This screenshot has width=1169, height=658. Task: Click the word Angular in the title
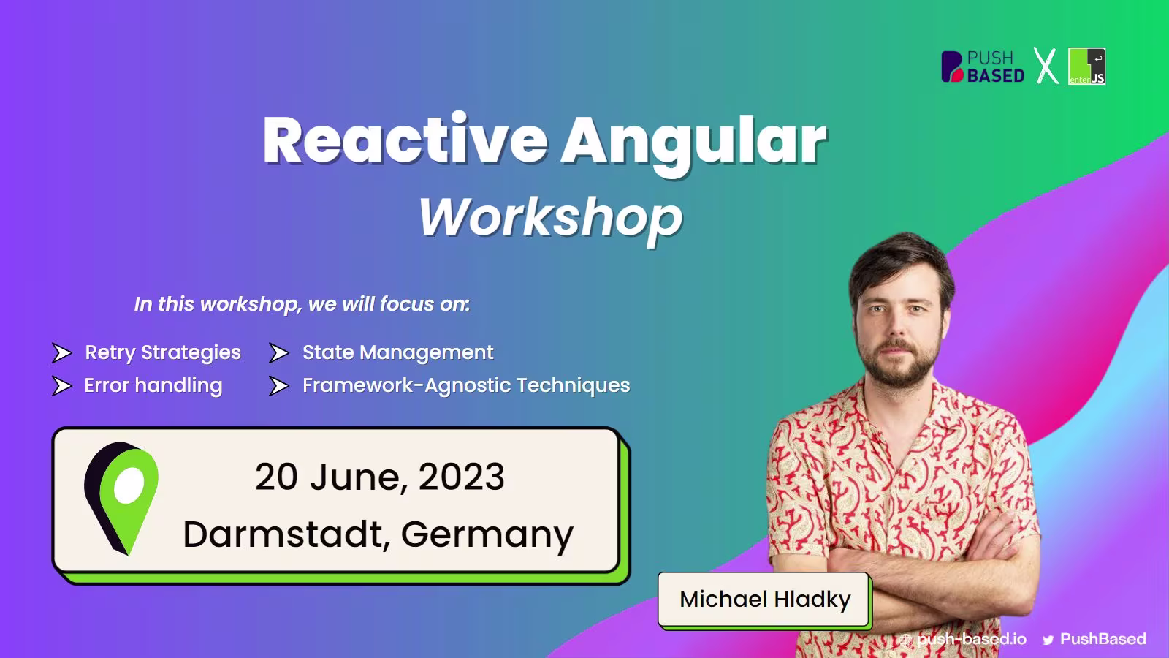click(694, 146)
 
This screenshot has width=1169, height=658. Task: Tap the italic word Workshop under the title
click(551, 219)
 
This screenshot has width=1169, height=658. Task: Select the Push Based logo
click(983, 67)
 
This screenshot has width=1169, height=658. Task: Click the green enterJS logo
click(1086, 67)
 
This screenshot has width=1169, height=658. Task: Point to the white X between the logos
click(1046, 66)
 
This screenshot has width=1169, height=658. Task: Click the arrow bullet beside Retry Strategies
click(61, 353)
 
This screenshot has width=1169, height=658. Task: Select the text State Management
click(398, 352)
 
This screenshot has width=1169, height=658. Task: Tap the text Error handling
click(153, 385)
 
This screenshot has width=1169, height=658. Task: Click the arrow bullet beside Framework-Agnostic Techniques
click(278, 386)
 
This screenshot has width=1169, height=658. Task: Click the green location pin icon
click(121, 499)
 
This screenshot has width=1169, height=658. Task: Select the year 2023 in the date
click(461, 477)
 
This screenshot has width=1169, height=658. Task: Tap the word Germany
click(487, 536)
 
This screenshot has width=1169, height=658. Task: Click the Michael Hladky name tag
click(764, 600)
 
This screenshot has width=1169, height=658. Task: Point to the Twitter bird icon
click(1048, 640)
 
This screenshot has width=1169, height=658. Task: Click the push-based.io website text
click(971, 639)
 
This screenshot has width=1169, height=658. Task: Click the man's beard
click(898, 363)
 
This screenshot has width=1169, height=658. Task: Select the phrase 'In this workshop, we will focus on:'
click(302, 304)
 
